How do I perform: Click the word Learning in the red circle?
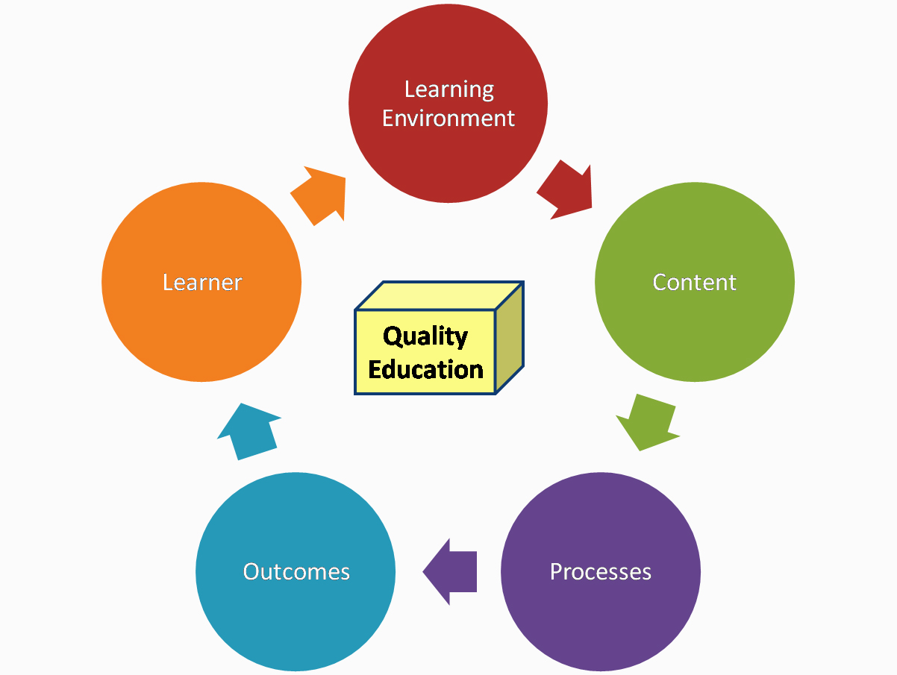(448, 90)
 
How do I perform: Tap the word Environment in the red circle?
(448, 119)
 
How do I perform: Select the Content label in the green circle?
(694, 282)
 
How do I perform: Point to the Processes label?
(600, 571)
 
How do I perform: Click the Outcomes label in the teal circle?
(296, 571)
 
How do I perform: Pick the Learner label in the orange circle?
(202, 282)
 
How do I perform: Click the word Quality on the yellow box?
(425, 337)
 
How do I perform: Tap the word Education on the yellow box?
(425, 369)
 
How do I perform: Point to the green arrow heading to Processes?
(647, 423)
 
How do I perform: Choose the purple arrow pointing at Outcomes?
(449, 571)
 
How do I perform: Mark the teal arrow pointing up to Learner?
(249, 431)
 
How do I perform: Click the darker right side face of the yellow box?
(509, 337)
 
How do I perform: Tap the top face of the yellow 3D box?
(440, 295)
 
